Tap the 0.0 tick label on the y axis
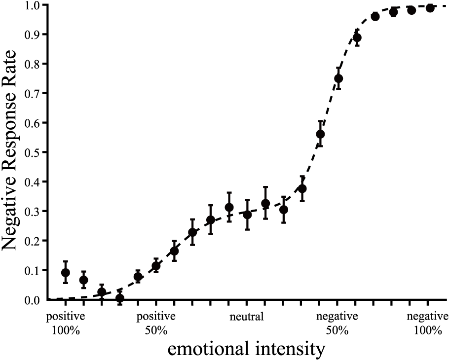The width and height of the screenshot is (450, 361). pos(37,300)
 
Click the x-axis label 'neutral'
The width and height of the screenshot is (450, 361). pos(247,317)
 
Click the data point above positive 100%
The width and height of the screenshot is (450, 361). pos(66,273)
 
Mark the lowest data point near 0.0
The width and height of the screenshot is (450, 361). pos(120,298)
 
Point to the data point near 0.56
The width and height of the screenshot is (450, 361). pos(320,134)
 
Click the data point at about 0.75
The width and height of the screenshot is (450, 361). pos(338,78)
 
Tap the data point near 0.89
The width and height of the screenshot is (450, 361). pos(357,38)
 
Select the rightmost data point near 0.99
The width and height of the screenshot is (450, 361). pos(430,8)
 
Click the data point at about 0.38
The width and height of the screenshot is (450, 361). pos(302,189)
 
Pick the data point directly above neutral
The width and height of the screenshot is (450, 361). pos(247,215)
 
